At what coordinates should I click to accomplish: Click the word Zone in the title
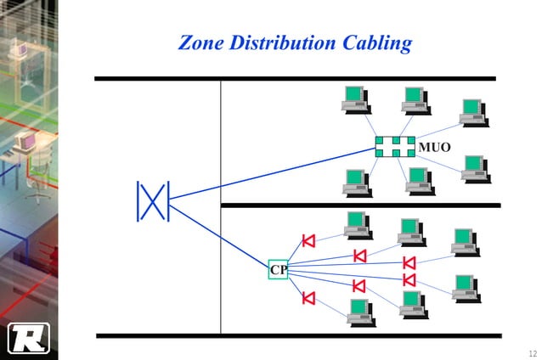[200, 42]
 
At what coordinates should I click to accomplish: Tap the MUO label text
[434, 147]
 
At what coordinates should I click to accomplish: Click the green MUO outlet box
[395, 146]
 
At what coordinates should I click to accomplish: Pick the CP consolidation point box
[278, 269]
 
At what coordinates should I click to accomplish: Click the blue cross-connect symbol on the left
[153, 201]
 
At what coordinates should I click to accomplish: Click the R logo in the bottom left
[28, 337]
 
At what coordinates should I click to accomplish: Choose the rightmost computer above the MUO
[473, 111]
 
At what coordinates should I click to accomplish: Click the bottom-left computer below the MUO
[356, 181]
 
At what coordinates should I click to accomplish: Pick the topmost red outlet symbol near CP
[308, 240]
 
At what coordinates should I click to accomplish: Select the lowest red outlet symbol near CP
[308, 298]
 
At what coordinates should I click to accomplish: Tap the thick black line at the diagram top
[294, 79]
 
